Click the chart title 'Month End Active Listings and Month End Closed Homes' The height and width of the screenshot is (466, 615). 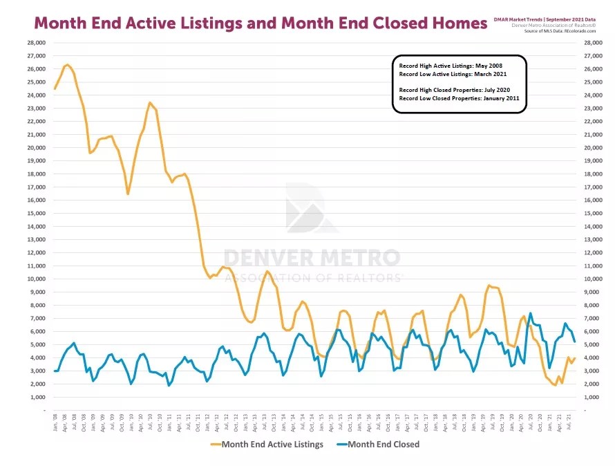click(261, 23)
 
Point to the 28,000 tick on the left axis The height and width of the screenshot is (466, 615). click(36, 43)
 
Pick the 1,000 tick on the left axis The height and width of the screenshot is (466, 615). click(37, 397)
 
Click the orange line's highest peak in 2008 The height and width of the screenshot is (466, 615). click(67, 65)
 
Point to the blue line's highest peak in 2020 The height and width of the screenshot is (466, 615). click(530, 313)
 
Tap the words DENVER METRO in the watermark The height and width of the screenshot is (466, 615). click(312, 258)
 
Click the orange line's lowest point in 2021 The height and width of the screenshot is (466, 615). click(555, 384)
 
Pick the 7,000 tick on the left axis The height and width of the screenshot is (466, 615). click(37, 318)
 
